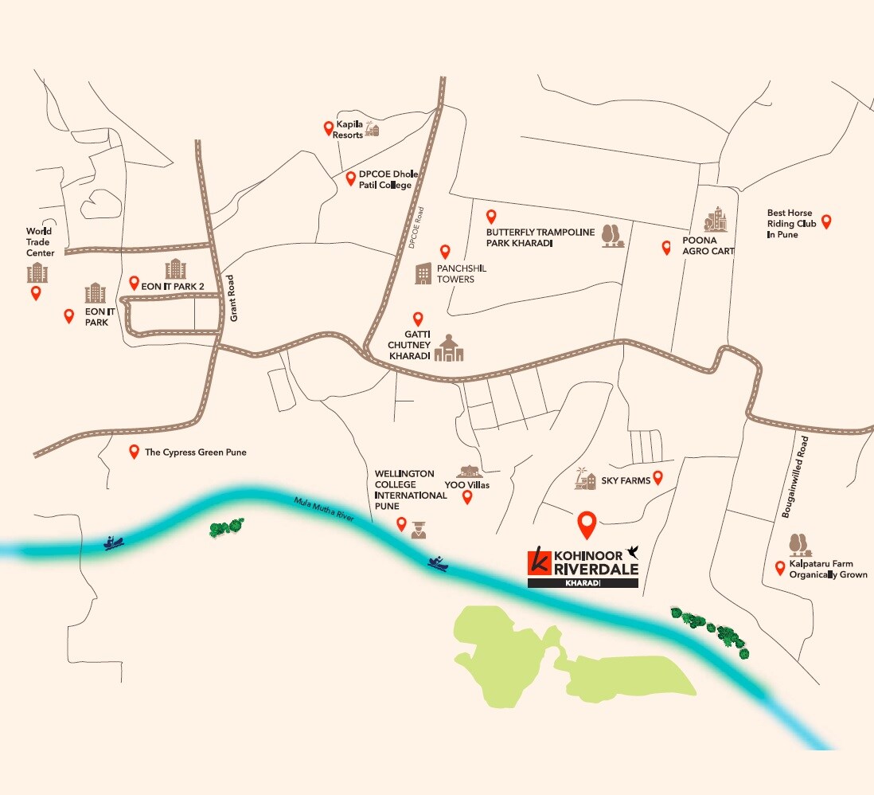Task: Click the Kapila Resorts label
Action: [x=349, y=130]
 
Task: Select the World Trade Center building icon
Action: [x=37, y=273]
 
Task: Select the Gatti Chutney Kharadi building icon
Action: [x=449, y=347]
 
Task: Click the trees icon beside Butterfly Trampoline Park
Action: [x=611, y=236]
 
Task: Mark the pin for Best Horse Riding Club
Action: [x=826, y=222]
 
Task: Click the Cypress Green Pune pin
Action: [x=134, y=452]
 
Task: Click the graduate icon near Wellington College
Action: [x=419, y=528]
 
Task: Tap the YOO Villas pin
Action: [x=467, y=498]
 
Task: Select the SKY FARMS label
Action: [x=626, y=480]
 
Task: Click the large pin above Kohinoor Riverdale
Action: [x=587, y=523]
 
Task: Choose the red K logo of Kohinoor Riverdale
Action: [x=539, y=561]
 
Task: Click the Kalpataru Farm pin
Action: [x=780, y=568]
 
